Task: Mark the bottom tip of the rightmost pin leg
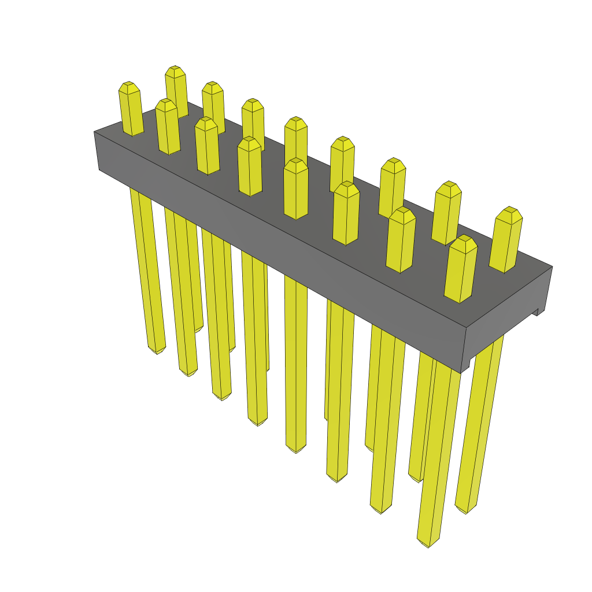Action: (x=465, y=510)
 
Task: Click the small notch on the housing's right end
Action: (x=536, y=312)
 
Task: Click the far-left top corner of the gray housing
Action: (x=95, y=132)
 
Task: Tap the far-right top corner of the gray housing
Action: (x=552, y=267)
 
